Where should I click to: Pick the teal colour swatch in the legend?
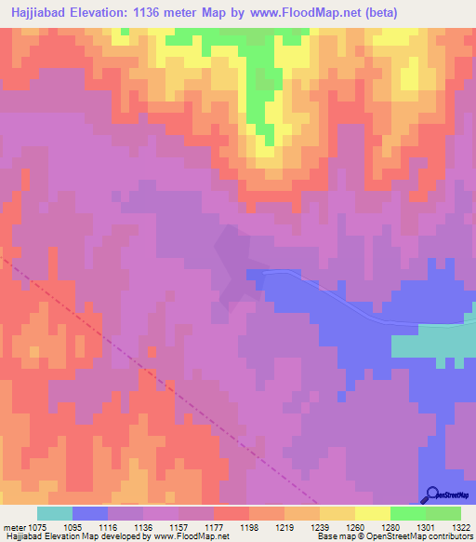click(55, 513)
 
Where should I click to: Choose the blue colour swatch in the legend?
click(90, 513)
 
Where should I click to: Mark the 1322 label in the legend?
click(459, 526)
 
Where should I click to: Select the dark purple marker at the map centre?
click(233, 260)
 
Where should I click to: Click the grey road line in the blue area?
click(353, 308)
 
